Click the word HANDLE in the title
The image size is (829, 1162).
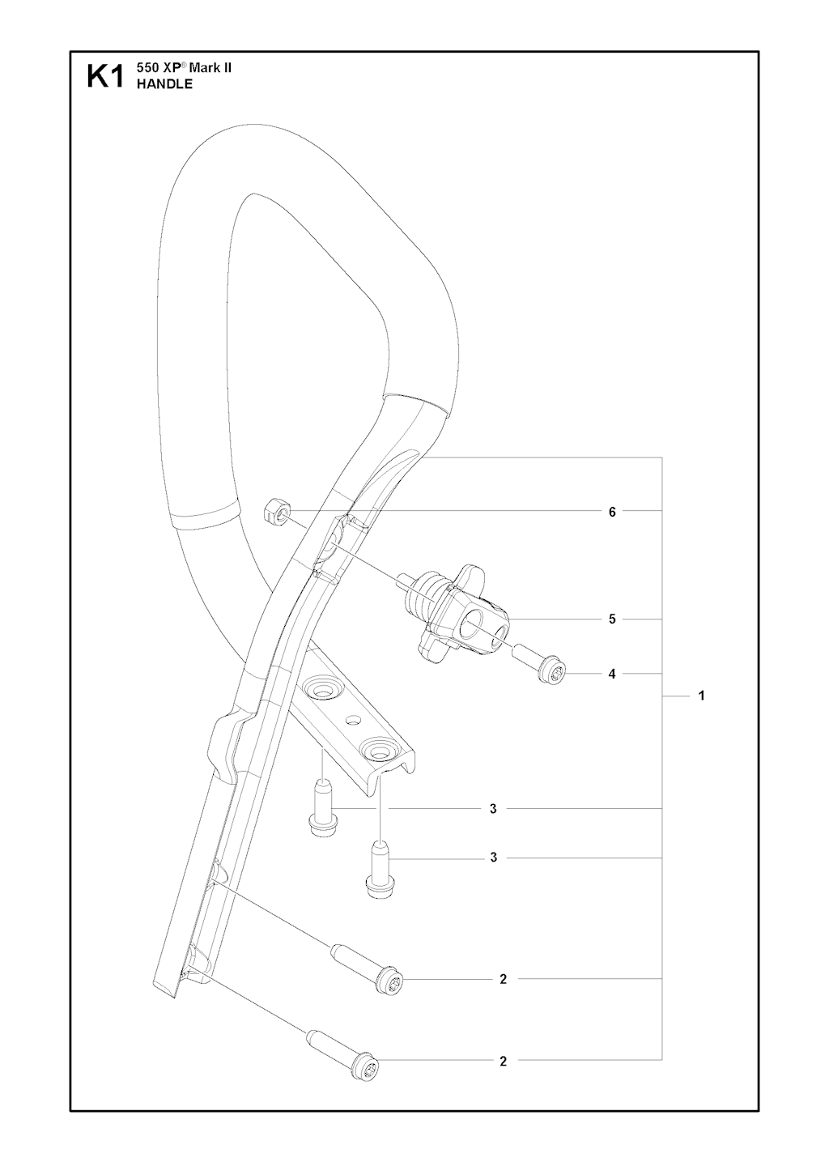click(x=164, y=84)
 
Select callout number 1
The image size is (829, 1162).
click(x=701, y=695)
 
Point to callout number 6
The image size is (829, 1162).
click(x=612, y=512)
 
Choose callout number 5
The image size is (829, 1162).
click(x=612, y=619)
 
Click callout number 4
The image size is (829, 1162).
click(x=612, y=674)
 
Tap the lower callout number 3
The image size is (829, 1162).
click(x=493, y=872)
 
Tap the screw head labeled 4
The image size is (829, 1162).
click(x=552, y=673)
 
